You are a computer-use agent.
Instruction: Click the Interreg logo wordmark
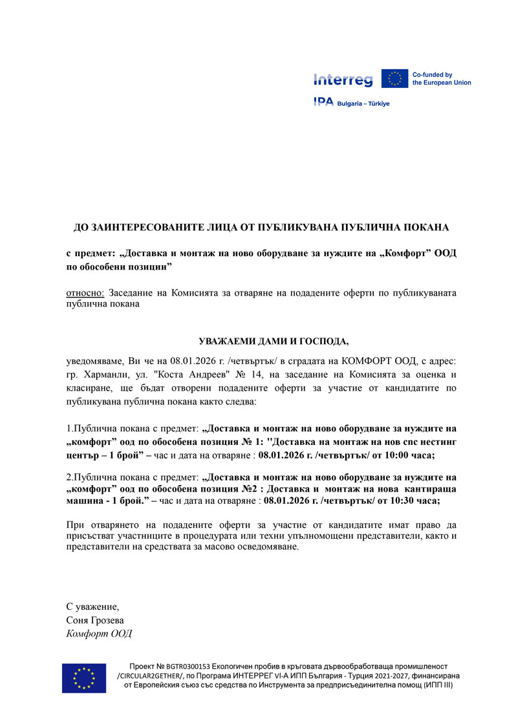tap(343, 80)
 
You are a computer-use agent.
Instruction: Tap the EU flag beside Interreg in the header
tap(394, 79)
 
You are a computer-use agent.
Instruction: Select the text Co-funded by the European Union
tap(442, 79)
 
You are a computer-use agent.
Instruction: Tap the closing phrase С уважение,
tap(92, 607)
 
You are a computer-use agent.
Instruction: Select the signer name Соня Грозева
tap(95, 620)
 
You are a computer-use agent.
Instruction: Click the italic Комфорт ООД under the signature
tap(99, 633)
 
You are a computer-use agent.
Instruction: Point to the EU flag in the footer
tap(84, 678)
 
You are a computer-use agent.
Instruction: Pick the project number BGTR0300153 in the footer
tap(187, 666)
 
